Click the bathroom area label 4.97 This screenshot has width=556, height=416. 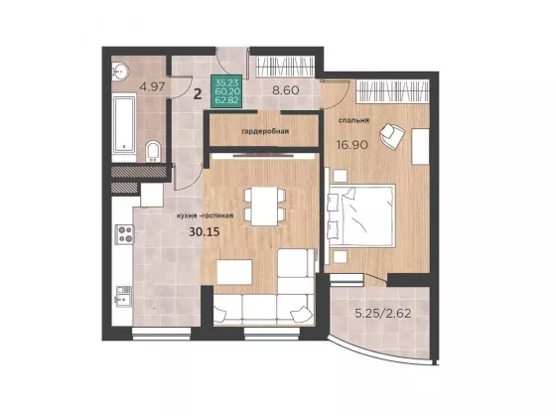pyautogui.click(x=152, y=87)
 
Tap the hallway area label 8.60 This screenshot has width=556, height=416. pyautogui.click(x=286, y=90)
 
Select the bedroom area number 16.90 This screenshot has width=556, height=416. pyautogui.click(x=352, y=145)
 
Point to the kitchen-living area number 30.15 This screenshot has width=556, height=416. pyautogui.click(x=205, y=232)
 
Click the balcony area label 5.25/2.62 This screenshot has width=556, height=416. pyautogui.click(x=383, y=314)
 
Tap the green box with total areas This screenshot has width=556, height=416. pyautogui.click(x=227, y=91)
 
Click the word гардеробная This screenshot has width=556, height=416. pyautogui.click(x=265, y=132)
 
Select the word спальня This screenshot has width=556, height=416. pyautogui.click(x=353, y=120)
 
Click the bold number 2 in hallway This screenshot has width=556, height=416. pyautogui.click(x=198, y=94)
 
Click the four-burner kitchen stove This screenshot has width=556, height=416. pyautogui.click(x=124, y=234)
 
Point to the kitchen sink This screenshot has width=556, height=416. pyautogui.click(x=122, y=297)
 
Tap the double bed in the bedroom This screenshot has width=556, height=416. pyautogui.click(x=361, y=215)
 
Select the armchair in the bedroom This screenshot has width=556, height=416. pyautogui.click(x=392, y=135)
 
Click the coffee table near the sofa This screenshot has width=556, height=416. pyautogui.click(x=234, y=272)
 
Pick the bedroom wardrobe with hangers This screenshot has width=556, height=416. pyautogui.click(x=393, y=91)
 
